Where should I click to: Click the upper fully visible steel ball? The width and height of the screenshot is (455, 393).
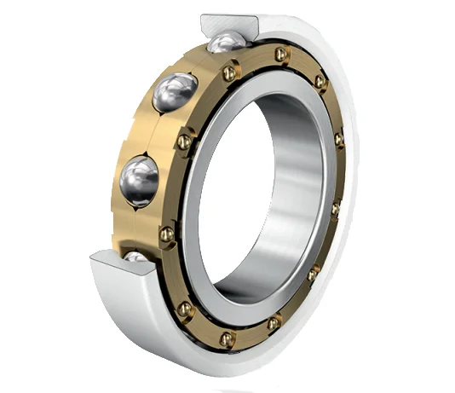pyautogui.click(x=176, y=92)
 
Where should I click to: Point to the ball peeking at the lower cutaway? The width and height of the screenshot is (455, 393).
pyautogui.click(x=136, y=255)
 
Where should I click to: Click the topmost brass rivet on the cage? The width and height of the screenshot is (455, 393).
pyautogui.click(x=282, y=55)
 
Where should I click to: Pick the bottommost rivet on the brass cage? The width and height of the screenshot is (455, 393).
pyautogui.click(x=226, y=338)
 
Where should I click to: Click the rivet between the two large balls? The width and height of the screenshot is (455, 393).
pyautogui.click(x=183, y=140)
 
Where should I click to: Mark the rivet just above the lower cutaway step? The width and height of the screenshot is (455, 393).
pyautogui.click(x=167, y=233)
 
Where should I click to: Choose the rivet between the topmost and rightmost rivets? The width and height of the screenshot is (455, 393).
pyautogui.click(x=320, y=82)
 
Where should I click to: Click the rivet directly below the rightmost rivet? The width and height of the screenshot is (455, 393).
pyautogui.click(x=335, y=208)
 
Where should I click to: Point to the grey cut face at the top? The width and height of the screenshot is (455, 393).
pyautogui.click(x=230, y=23)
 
